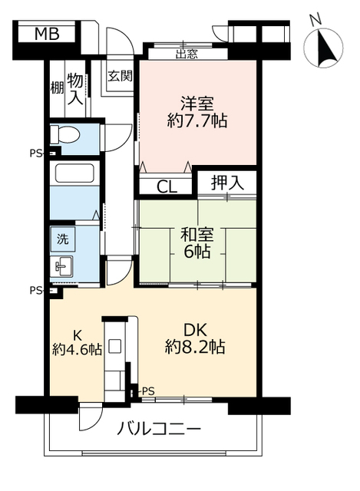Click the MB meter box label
click(45, 35)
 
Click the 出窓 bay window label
click(187, 54)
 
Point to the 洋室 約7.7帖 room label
click(197, 111)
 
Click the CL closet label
click(167, 186)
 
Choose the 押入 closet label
click(227, 183)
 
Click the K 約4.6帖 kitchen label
click(77, 343)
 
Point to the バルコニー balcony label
click(159, 428)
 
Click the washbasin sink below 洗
click(62, 266)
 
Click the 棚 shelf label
click(56, 87)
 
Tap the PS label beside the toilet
click(35, 153)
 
